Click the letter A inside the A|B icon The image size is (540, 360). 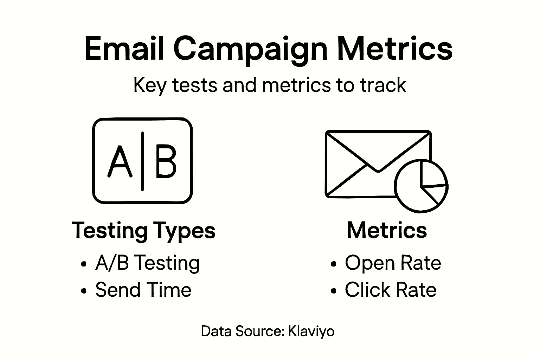120,162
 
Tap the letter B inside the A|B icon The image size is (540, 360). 166,162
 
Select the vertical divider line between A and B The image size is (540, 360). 142,161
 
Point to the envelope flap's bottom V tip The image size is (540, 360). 378,171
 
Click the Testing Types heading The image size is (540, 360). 143,231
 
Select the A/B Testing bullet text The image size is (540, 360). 147,263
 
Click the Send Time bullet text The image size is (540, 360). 143,290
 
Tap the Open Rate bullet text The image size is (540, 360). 393,263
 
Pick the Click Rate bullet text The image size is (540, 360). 390,290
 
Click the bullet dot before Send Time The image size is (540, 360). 83,291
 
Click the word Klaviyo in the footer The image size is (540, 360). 311,331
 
